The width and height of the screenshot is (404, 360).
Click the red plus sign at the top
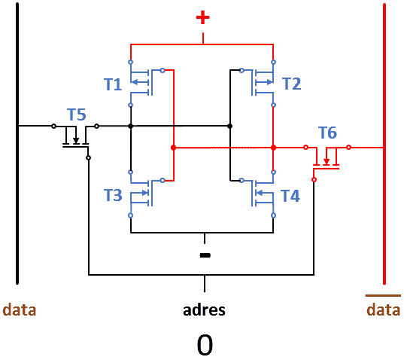coord(203,17)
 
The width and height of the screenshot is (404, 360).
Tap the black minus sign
coord(205,255)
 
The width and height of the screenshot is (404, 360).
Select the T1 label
coord(113,84)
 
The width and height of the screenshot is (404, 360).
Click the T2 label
coord(292,84)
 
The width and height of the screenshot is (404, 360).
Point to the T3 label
coord(113,195)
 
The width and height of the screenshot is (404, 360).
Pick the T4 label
coord(290,196)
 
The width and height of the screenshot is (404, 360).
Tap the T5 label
coord(77,114)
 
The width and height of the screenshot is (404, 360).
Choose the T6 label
coord(327,133)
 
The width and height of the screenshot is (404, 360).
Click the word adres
coord(204,310)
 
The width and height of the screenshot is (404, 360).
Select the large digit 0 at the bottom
coord(205,345)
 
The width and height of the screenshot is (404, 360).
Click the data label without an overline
coord(20,310)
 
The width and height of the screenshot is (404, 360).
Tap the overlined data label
coord(384,307)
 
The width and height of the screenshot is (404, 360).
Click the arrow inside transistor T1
coord(140,82)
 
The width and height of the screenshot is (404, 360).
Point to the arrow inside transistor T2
coord(264,82)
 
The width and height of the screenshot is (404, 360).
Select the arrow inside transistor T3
coord(140,193)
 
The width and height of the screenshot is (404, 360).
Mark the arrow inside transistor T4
coord(265,193)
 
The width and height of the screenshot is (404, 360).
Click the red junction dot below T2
coord(273,148)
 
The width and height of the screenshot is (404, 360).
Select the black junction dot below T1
coord(131,126)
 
